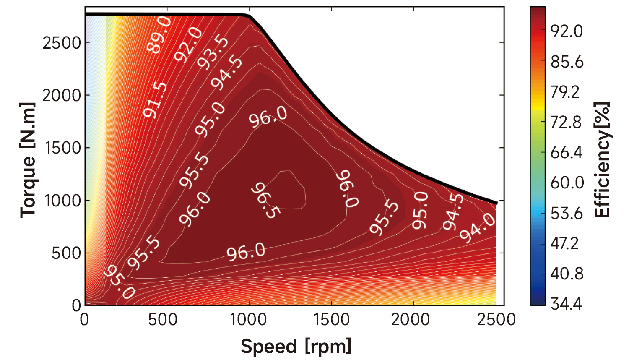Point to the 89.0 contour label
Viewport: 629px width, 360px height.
coord(159,34)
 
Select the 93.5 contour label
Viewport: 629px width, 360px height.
coord(213,52)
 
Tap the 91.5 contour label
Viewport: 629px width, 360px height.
coord(155,100)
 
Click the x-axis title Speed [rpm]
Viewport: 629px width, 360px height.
coord(296,347)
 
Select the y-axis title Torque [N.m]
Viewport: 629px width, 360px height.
coord(28,159)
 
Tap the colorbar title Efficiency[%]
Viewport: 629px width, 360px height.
coord(602,159)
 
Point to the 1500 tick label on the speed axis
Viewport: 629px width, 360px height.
coord(331,320)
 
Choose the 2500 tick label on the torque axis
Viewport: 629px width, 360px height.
coord(62,42)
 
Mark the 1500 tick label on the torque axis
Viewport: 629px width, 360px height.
coord(62,148)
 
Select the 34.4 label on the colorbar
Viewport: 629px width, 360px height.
coord(566,303)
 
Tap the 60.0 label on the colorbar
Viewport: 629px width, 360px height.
coord(567,183)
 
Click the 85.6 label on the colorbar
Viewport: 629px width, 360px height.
coord(567,62)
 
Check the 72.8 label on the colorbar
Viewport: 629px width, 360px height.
coord(566,122)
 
